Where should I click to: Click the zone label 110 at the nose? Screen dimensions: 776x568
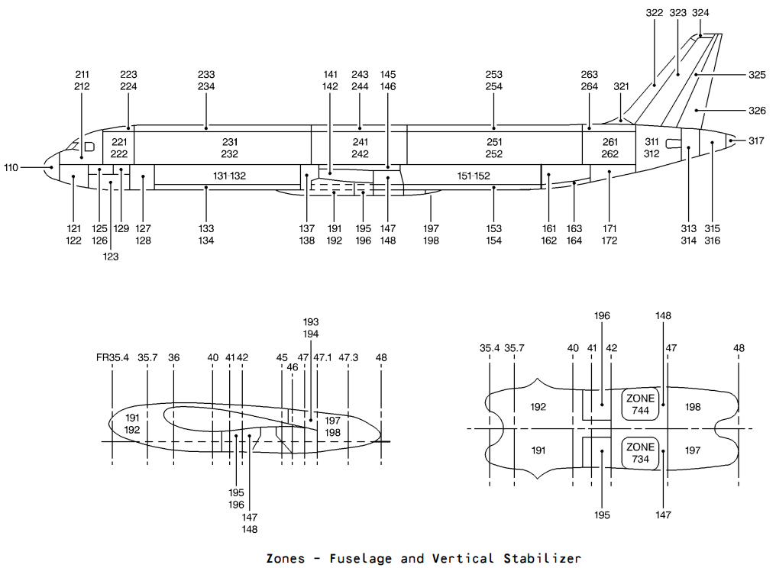(x=11, y=168)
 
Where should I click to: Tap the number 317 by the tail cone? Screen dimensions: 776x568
(x=755, y=141)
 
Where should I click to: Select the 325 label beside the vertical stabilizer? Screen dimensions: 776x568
(x=757, y=76)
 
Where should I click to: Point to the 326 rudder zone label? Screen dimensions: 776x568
(x=757, y=111)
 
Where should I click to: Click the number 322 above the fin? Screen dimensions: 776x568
(x=655, y=13)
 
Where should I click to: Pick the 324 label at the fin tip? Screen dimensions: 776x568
(x=700, y=13)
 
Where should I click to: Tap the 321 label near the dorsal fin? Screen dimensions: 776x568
(x=621, y=86)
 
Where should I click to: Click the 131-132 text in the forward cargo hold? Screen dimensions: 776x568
(x=229, y=176)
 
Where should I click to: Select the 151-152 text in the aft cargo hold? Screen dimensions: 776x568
(x=473, y=176)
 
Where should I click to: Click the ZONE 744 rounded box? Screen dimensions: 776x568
(x=640, y=405)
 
